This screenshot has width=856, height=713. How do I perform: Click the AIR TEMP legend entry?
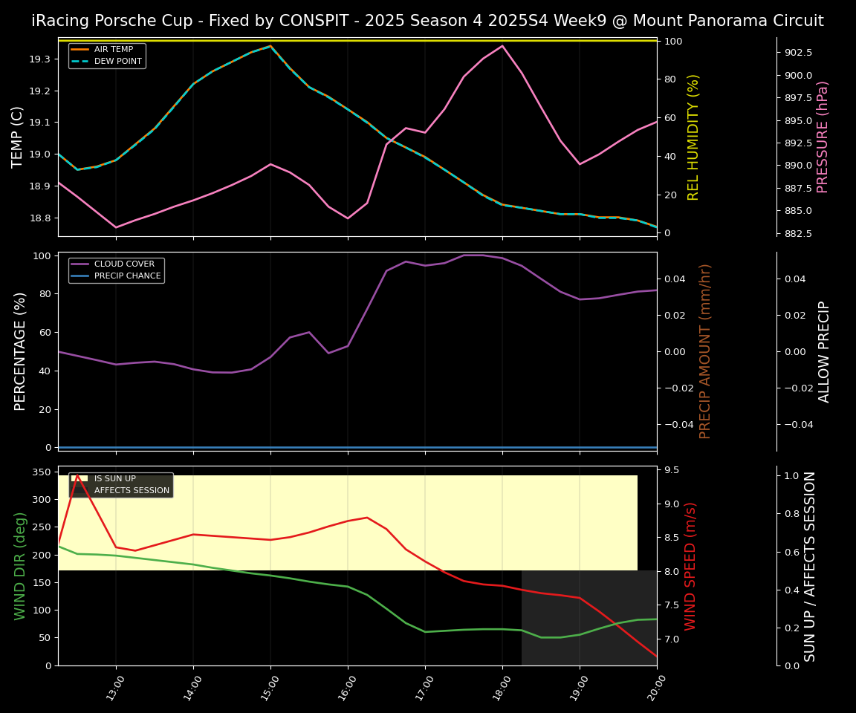click(113, 50)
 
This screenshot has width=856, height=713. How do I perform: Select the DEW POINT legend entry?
click(117, 62)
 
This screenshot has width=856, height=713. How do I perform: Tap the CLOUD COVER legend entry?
click(124, 264)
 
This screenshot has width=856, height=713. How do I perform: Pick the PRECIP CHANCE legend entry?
click(127, 276)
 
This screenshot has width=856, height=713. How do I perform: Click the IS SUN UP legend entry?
click(114, 479)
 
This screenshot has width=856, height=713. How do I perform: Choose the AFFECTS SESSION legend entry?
click(132, 491)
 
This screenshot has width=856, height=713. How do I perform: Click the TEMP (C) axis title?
click(18, 137)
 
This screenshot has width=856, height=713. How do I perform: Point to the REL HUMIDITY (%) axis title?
click(694, 137)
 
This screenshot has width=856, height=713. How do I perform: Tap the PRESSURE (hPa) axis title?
click(823, 137)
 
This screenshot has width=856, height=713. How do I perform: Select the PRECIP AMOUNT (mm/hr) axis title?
click(706, 351)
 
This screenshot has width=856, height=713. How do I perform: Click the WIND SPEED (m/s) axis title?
click(691, 566)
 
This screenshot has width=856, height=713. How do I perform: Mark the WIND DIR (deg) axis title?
click(21, 566)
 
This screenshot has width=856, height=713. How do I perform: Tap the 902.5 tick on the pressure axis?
click(799, 53)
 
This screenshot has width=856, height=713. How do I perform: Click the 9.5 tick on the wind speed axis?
click(672, 470)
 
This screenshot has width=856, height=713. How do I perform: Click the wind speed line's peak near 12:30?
click(77, 475)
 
